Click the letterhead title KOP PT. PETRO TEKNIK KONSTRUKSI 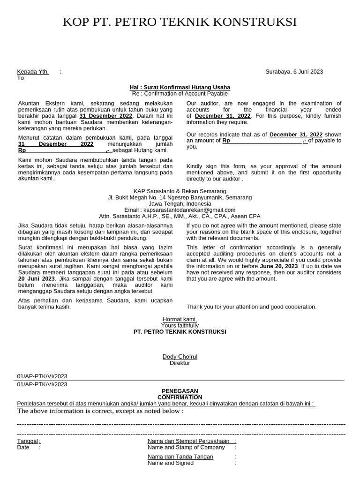[x=180, y=22]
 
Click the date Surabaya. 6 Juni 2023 [x=294, y=72]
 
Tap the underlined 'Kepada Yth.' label [x=33, y=72]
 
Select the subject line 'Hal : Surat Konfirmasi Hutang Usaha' [x=180, y=88]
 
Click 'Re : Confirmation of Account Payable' [x=180, y=94]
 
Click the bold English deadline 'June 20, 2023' [x=279, y=266]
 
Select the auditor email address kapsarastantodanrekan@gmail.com [x=180, y=210]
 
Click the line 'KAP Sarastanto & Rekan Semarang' [x=180, y=191]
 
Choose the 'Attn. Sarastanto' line [x=180, y=216]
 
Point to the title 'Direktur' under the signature [x=180, y=363]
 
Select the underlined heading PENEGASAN [x=180, y=391]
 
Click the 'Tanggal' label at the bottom [x=28, y=441]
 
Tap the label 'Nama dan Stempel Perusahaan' [x=188, y=441]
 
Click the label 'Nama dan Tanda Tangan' [x=180, y=457]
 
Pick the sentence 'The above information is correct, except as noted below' [x=100, y=411]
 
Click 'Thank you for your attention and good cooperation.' [x=251, y=307]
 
